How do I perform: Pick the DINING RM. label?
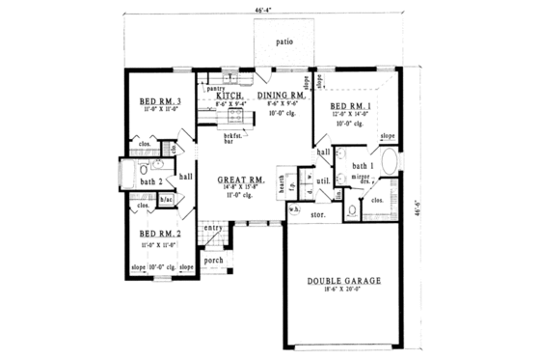pos(282,96)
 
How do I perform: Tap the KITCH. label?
pos(228,96)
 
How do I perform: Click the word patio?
pos(283,42)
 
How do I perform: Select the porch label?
pos(214,259)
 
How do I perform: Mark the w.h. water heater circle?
pos(294,210)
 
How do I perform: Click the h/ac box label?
pos(165,200)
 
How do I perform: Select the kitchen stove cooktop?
pos(232,119)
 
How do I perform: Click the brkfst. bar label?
pos(231,138)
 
